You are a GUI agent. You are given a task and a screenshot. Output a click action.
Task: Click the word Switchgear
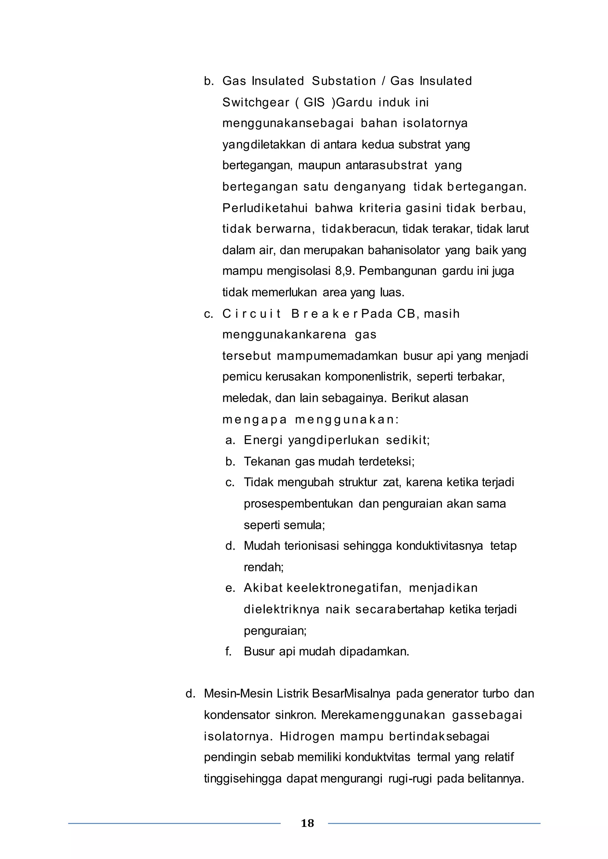[255, 103]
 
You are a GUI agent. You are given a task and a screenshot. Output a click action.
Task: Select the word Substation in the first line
[344, 81]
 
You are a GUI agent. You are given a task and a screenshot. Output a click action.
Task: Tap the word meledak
[247, 398]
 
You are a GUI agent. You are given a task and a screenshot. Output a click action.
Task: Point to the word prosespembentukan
[298, 504]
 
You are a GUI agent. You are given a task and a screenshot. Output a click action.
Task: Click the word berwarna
[284, 229]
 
